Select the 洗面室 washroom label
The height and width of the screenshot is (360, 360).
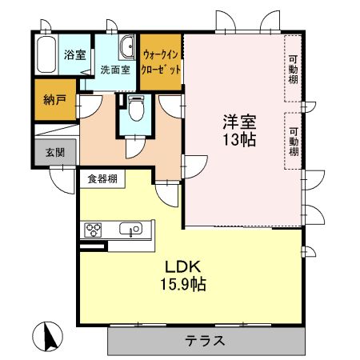115,70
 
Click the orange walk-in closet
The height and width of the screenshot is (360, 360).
160,60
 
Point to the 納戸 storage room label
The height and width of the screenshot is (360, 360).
54,101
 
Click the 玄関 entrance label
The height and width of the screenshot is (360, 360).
54,152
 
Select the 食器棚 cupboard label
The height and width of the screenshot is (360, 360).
102,178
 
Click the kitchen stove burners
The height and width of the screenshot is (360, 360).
93,231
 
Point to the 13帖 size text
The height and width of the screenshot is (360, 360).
238,140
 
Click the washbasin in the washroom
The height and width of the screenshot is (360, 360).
127,50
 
